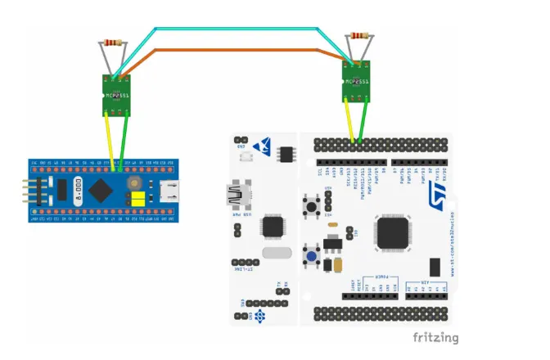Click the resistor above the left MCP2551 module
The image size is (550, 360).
112,42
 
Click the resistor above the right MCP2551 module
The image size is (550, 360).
359,35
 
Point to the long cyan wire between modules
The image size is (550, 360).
246,30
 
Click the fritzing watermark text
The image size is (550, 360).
435,337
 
